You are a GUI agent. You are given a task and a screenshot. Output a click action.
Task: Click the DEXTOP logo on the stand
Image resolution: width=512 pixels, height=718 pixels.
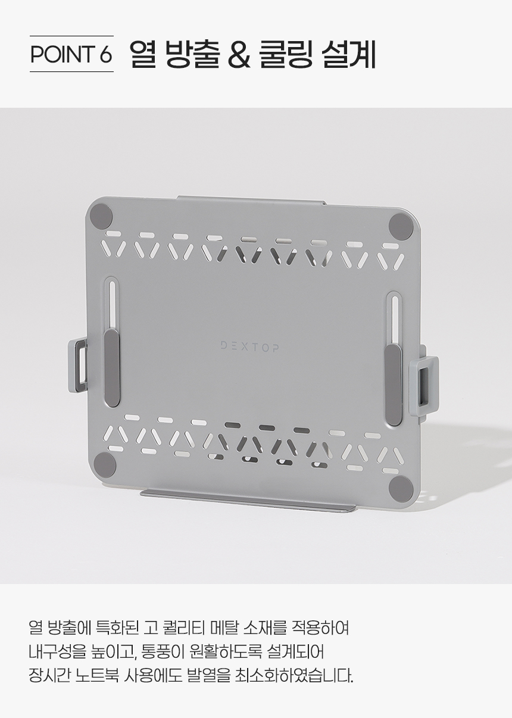249,347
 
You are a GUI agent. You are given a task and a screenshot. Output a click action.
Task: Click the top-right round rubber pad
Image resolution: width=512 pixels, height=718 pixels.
401,224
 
